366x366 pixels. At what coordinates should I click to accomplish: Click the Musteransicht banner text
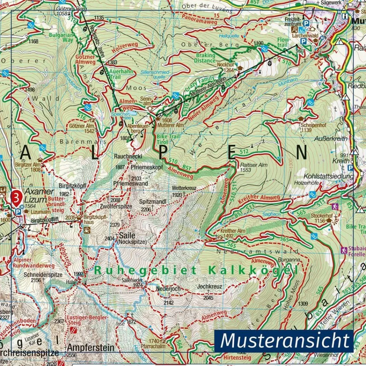(285, 341)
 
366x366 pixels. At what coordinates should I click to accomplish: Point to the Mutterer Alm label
(171, 125)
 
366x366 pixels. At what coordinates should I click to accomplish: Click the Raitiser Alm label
(254, 165)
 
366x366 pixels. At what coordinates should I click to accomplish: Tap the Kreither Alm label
(233, 231)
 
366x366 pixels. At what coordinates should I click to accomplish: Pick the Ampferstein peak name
(90, 347)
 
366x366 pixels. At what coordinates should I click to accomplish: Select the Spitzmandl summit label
(153, 202)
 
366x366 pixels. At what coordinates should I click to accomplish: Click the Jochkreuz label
(209, 286)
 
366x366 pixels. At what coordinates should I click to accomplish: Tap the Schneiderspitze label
(42, 274)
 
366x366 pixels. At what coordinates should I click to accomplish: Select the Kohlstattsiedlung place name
(329, 176)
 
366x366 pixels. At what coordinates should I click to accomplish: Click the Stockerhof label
(322, 216)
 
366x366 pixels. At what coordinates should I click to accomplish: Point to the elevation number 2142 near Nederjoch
(168, 302)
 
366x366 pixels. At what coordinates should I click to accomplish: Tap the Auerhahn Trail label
(122, 75)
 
